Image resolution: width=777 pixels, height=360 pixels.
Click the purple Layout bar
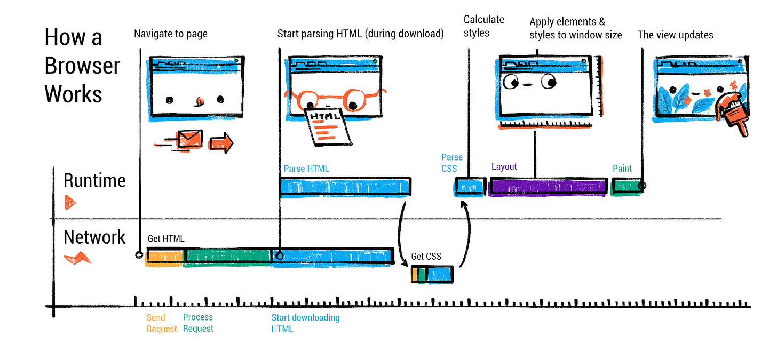(x=548, y=187)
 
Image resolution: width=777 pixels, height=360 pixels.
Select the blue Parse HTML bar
(x=345, y=186)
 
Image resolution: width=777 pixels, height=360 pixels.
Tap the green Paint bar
(x=625, y=187)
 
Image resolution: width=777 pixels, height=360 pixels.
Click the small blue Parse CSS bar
(x=470, y=188)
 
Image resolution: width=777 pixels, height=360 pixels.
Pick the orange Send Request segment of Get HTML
(x=165, y=256)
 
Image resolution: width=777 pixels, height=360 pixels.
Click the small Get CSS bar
(x=432, y=274)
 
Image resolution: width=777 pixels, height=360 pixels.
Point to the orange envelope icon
(x=190, y=140)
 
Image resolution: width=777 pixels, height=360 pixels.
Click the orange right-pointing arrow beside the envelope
(x=221, y=142)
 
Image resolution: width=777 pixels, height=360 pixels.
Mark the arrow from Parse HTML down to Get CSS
(x=401, y=235)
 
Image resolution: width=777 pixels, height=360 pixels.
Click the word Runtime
(x=94, y=180)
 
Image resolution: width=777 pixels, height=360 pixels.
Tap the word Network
(x=94, y=237)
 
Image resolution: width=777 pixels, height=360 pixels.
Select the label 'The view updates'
(x=675, y=35)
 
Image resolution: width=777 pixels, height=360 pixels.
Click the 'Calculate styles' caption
(x=483, y=26)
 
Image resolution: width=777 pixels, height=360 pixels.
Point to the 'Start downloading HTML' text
(x=305, y=323)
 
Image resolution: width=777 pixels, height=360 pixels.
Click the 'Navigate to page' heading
(x=171, y=34)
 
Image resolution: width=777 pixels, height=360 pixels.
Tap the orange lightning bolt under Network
(x=78, y=259)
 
